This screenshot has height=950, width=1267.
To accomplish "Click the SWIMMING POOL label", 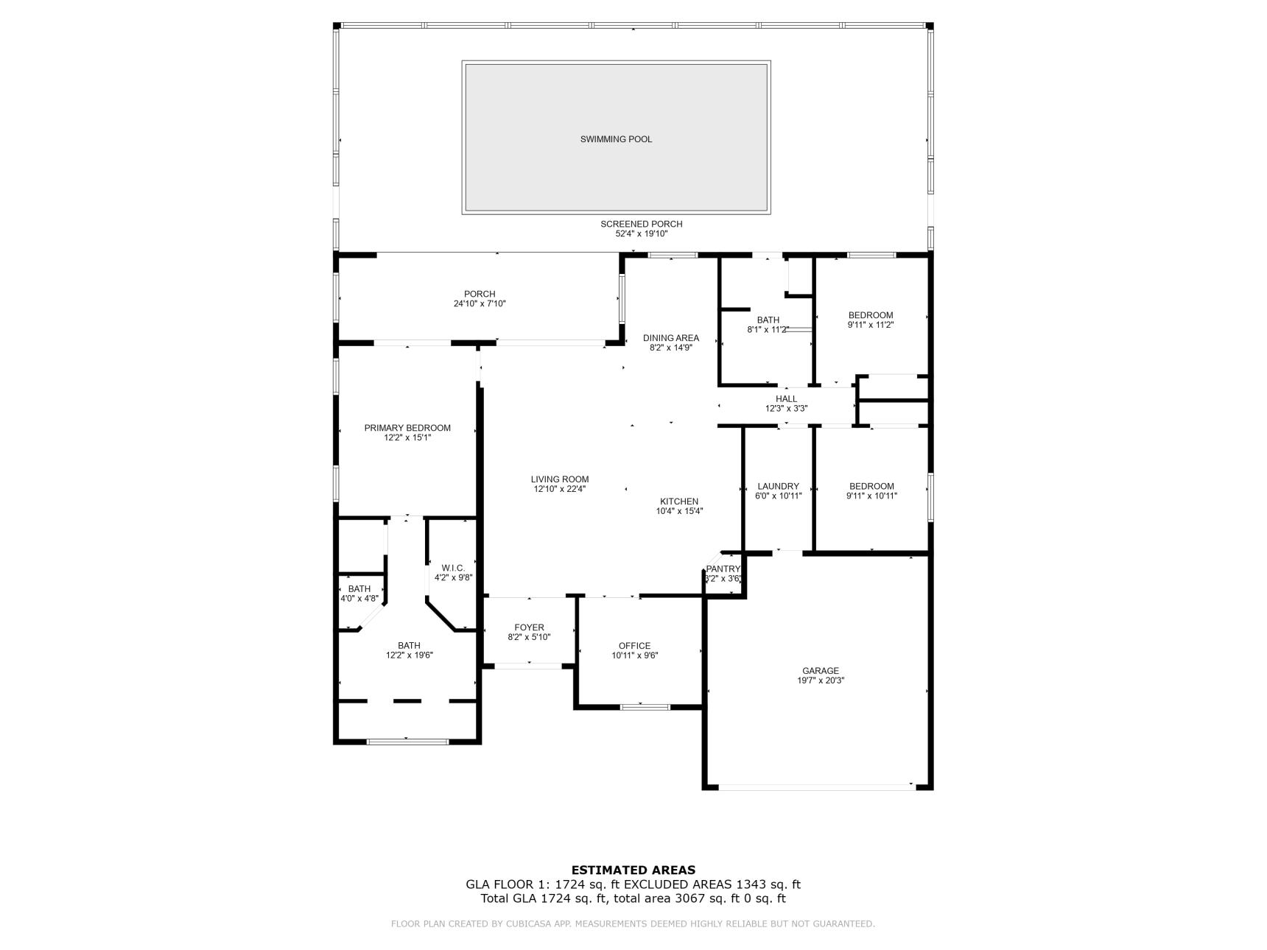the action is click(616, 139).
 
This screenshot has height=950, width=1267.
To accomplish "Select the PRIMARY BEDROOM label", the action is click(407, 428).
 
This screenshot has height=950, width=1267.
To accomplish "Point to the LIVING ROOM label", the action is click(560, 479).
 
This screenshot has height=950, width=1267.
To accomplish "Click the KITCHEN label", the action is click(679, 502).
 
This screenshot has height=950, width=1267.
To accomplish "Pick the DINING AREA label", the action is click(671, 338).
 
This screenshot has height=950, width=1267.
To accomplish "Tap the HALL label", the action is click(786, 399).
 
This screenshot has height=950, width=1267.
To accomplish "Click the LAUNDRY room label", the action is click(778, 486).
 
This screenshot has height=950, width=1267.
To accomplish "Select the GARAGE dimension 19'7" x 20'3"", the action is click(821, 680).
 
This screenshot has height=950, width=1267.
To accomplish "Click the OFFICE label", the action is click(634, 646).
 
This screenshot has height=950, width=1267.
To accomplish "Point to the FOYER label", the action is click(529, 627).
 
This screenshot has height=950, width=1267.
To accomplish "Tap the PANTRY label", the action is click(723, 569).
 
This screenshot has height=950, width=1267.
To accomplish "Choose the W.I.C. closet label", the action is click(453, 568).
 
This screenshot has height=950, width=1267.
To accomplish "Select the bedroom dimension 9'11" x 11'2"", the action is click(871, 325).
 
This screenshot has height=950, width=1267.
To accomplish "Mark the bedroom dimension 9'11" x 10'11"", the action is click(871, 496).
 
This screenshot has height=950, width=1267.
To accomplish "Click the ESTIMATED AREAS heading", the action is click(633, 870).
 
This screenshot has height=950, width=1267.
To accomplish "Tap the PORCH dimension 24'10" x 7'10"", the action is click(480, 303).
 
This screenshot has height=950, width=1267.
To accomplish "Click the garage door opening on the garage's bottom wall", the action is click(817, 787).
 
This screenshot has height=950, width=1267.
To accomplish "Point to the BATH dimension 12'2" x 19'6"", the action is click(409, 655).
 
